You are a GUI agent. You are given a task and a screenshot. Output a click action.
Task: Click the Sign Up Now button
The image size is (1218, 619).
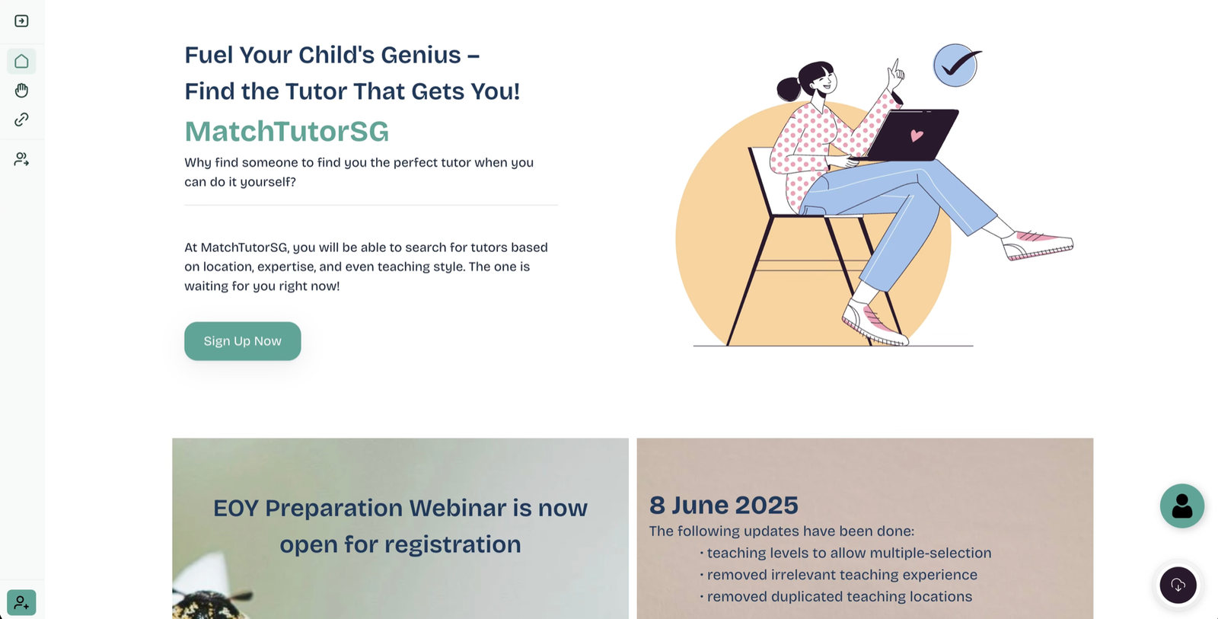(x=243, y=341)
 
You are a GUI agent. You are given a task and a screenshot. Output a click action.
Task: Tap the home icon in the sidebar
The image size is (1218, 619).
(x=21, y=61)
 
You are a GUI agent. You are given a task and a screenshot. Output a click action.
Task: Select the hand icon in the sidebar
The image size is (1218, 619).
(x=21, y=91)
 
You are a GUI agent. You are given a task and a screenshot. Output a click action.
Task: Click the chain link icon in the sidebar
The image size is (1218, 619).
(x=21, y=120)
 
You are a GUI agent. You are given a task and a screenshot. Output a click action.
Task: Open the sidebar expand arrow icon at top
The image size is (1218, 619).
(x=21, y=21)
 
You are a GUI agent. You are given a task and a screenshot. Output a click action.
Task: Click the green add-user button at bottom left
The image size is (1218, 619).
(x=21, y=603)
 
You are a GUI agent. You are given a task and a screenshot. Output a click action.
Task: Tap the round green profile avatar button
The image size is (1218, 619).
(x=1181, y=506)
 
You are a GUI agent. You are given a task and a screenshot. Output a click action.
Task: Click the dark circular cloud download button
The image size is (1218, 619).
(x=1178, y=585)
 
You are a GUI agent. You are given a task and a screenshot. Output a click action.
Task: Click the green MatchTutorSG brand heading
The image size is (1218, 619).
(x=286, y=131)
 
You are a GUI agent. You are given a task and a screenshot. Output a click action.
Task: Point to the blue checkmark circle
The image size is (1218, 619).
(x=956, y=65)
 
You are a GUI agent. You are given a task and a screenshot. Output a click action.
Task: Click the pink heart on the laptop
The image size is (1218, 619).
(x=917, y=136)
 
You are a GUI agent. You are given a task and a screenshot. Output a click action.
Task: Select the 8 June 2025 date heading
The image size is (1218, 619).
(x=724, y=505)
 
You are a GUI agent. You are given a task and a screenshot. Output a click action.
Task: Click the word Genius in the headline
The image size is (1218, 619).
(x=421, y=55)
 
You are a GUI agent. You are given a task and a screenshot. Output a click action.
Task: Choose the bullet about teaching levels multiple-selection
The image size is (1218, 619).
(x=846, y=553)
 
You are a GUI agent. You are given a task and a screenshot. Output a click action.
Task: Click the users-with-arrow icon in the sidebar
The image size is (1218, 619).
(x=21, y=159)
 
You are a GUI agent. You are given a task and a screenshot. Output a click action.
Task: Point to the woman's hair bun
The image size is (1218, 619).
(x=789, y=89)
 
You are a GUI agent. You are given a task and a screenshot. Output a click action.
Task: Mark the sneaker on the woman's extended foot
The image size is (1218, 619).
(x=1038, y=245)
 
